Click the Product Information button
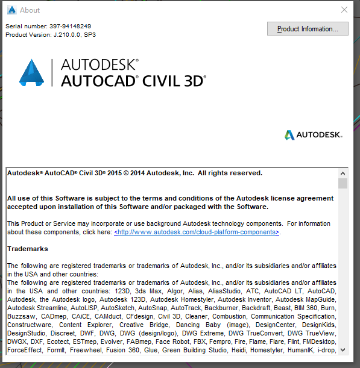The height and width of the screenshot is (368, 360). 308,29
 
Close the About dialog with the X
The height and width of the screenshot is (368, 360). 344,10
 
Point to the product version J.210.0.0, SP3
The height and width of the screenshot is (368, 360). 75,35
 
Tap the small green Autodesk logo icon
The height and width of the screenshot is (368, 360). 289,135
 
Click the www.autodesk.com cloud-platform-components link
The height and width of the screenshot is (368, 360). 197,232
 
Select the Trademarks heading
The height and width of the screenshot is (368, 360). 28,249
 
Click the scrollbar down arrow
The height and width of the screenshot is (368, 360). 343,349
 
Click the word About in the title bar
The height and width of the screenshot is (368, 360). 30,10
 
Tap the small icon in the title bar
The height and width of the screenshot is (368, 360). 11,10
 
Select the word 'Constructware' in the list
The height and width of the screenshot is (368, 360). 28,325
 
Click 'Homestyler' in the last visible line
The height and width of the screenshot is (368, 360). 267,350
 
